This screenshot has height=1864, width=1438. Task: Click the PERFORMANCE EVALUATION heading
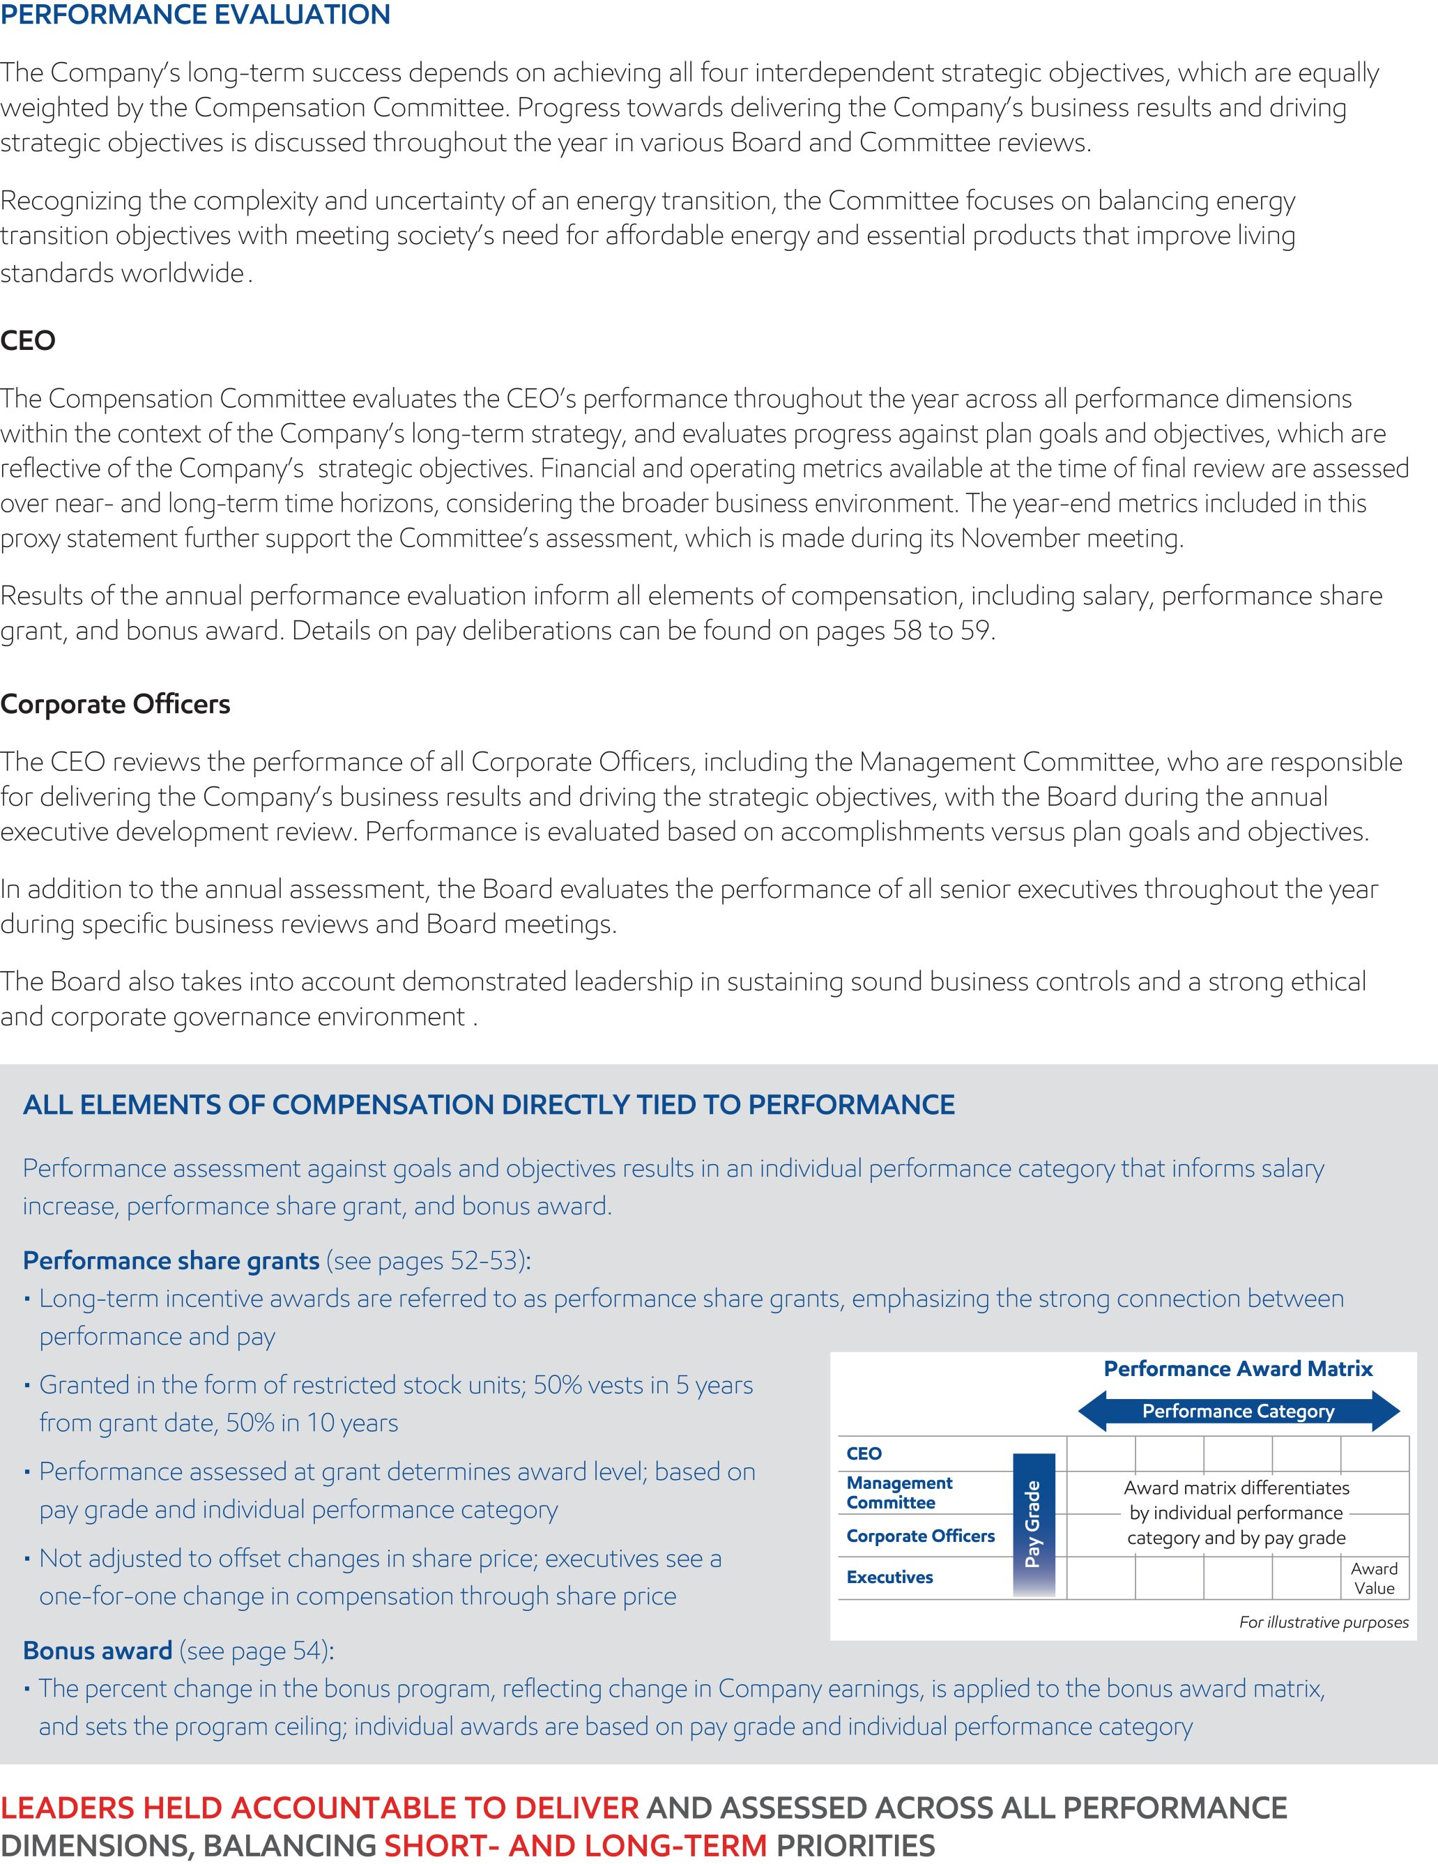point(195,15)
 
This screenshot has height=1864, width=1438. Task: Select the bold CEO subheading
point(28,341)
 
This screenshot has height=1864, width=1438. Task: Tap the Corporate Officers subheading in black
point(115,704)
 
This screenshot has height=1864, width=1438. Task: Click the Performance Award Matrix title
point(1237,1369)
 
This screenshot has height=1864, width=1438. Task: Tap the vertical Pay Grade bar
point(1034,1525)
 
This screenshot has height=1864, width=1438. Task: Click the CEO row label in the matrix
point(864,1453)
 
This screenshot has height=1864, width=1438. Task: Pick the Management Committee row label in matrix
point(898,1492)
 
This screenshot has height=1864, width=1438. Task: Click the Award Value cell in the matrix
point(1374,1578)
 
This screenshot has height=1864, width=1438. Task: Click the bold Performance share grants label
point(171,1260)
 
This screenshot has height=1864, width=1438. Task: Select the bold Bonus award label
point(98,1651)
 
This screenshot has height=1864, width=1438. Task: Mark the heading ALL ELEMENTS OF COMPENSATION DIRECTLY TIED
point(488,1104)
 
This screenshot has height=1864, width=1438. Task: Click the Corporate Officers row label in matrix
point(920,1536)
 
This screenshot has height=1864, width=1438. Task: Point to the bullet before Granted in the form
point(28,1386)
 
